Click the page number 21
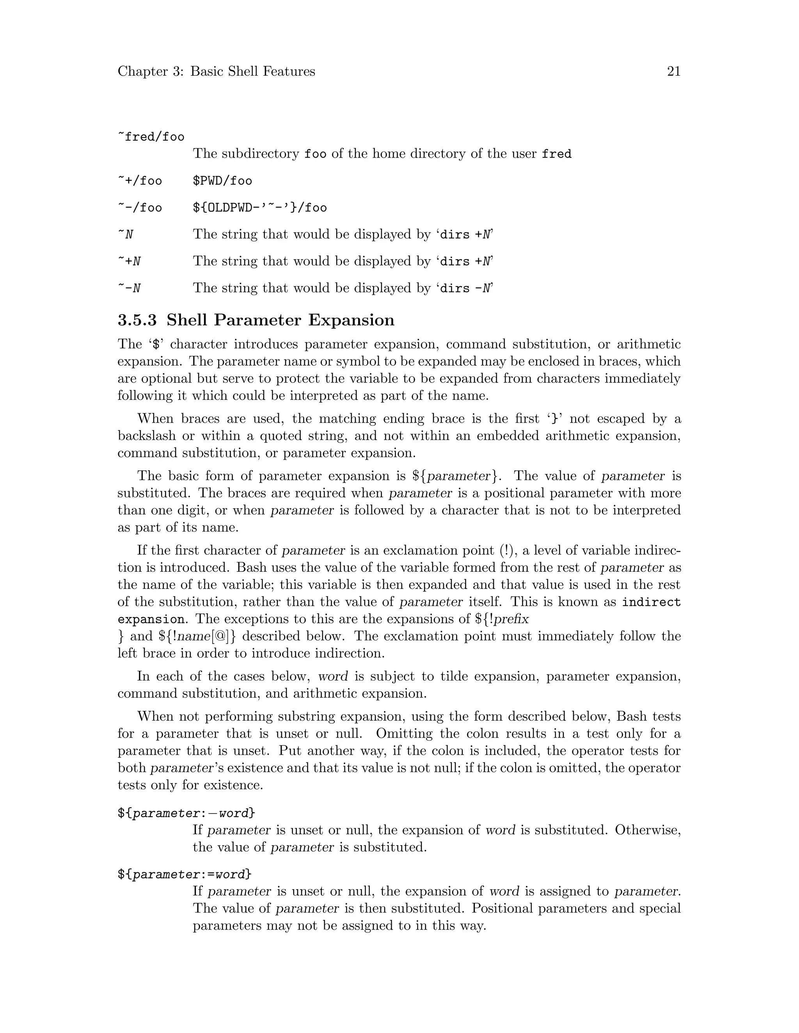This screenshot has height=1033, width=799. click(673, 71)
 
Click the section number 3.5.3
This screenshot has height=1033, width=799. click(137, 320)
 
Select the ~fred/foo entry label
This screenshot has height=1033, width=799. click(151, 137)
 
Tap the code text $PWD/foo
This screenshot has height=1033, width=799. click(222, 181)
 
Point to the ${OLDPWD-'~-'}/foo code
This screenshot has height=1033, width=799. click(260, 208)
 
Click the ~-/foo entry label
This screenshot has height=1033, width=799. click(140, 208)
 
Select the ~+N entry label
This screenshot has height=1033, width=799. click(129, 262)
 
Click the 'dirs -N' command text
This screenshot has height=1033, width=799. click(466, 288)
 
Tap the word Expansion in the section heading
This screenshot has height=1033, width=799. click(351, 320)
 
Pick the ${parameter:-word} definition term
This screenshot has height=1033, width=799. click(186, 814)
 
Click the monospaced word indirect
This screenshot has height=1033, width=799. click(651, 603)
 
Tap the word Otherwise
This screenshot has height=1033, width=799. click(648, 831)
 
